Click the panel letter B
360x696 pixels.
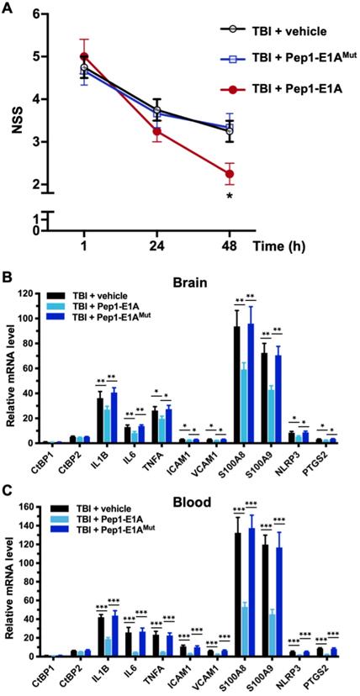pyautogui.click(x=7, y=275)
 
